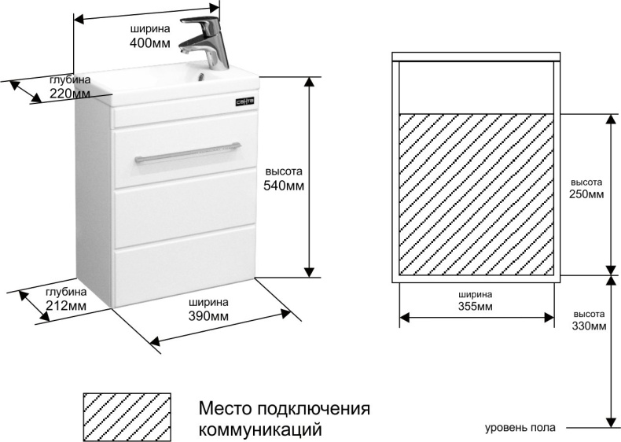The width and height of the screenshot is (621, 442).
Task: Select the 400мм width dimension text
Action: click(x=149, y=44)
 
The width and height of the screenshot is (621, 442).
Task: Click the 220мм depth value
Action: click(x=69, y=93)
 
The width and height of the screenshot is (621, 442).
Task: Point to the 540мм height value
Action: click(x=284, y=186)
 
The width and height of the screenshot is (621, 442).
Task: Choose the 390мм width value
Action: click(x=208, y=315)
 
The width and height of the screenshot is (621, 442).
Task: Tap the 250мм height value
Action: click(x=587, y=194)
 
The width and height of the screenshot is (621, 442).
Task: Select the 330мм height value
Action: click(x=590, y=325)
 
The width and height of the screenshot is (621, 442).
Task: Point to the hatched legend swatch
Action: click(x=127, y=418)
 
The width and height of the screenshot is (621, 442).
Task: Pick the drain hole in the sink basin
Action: click(x=206, y=77)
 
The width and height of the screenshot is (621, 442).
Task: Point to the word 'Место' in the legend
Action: click(x=224, y=409)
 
